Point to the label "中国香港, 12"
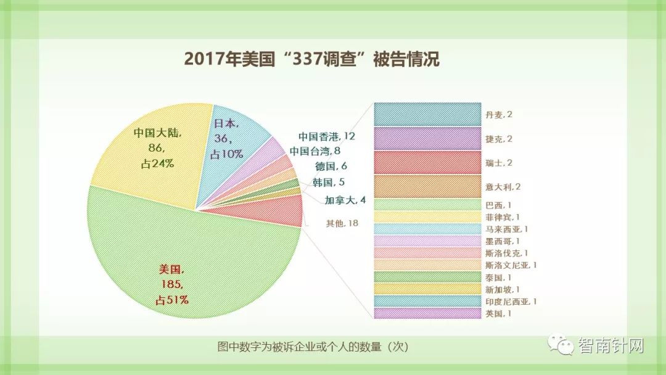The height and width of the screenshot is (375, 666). point(327,136)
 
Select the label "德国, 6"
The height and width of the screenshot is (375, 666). point(331,167)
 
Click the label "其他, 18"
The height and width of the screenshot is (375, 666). point(342,223)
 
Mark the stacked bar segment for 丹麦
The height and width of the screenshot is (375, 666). point(427,114)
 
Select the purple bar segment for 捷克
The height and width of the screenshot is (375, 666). point(427,138)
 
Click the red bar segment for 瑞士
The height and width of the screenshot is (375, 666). point(427,162)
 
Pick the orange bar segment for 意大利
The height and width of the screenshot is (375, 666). point(427,186)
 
